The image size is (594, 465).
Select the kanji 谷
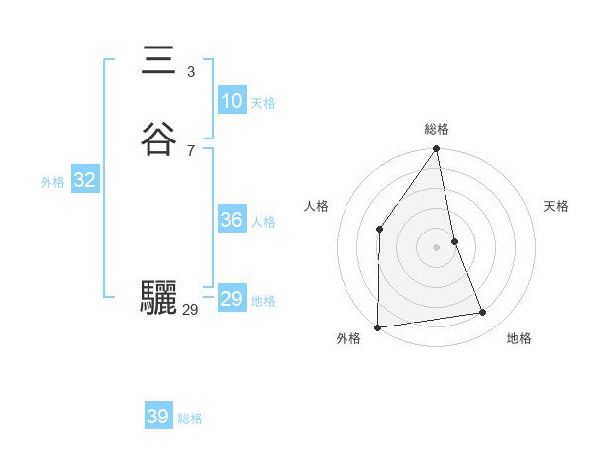[x=157, y=139]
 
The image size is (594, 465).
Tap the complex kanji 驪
[x=157, y=297]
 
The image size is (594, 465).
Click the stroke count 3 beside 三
[x=190, y=71]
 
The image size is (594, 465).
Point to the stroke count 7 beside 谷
[x=190, y=150]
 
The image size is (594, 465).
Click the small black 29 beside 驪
[x=190, y=310]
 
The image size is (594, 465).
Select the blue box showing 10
[x=231, y=101]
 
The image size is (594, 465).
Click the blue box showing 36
[x=231, y=220]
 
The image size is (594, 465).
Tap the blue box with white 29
[x=231, y=299]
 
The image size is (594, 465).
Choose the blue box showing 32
[x=84, y=180]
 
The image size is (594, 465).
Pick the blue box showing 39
[x=157, y=417]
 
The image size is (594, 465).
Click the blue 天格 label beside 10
[x=263, y=103]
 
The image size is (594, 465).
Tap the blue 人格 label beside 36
[x=263, y=222]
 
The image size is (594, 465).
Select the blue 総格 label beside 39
[x=190, y=418]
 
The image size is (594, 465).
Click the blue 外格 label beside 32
[x=52, y=182]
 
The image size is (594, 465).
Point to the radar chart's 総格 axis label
[x=437, y=129]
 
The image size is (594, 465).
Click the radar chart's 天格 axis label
[x=556, y=206]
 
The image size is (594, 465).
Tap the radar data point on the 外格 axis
[x=377, y=326]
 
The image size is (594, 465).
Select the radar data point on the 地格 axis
[x=483, y=313]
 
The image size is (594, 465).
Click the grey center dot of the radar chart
[x=437, y=246]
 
